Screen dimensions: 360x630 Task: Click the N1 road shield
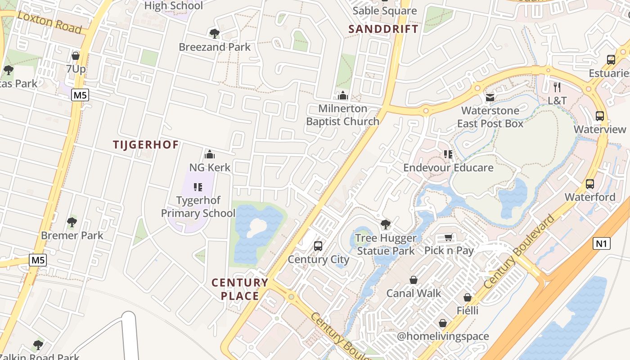[602, 244]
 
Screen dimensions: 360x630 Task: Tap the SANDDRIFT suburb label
[383, 29]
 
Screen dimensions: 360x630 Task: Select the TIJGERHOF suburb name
[146, 144]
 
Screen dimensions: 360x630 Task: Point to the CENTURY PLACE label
[240, 289]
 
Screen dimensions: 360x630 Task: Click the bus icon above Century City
[318, 246]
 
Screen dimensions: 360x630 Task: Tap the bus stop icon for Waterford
[589, 184]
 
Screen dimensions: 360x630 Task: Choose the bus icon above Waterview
[599, 116]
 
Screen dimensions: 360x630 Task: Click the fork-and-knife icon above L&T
[557, 87]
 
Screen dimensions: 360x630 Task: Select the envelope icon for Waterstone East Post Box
[490, 98]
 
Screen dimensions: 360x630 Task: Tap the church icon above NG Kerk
[209, 155]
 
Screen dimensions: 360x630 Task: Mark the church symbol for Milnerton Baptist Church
[343, 95]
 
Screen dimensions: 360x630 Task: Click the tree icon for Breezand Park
[214, 33]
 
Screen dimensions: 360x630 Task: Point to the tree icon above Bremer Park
[72, 222]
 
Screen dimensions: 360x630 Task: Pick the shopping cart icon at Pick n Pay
[449, 237]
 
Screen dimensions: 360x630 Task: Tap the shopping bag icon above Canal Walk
[414, 280]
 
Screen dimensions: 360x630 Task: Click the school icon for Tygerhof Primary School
[198, 187]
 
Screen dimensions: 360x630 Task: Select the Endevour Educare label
[448, 167]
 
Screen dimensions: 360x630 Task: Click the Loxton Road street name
[50, 22]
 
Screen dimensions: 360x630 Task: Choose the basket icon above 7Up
[76, 56]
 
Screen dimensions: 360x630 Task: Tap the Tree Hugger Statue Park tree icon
[385, 225]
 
